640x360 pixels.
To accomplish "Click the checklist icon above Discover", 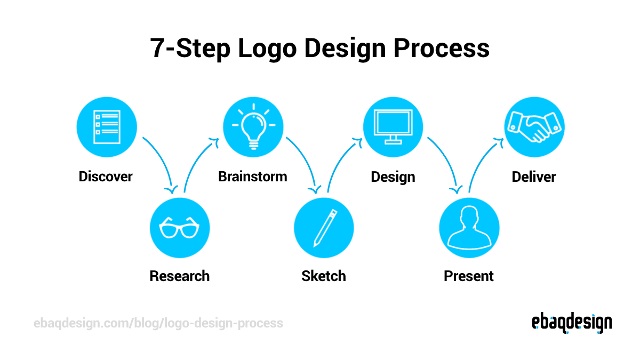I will tap(107, 127).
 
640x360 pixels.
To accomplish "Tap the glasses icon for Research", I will tap(180, 228).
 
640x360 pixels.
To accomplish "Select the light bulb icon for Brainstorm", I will tap(253, 127).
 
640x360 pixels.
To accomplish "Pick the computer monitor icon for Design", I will tap(393, 127).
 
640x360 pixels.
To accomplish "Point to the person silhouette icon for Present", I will tap(469, 228).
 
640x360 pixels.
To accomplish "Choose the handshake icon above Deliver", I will tap(534, 127).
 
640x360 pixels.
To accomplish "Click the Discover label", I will tap(106, 177).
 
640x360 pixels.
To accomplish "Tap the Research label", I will tap(180, 276).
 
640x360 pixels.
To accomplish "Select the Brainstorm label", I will tap(253, 177).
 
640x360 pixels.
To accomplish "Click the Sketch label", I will tap(324, 276).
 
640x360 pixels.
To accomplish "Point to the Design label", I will tap(393, 177).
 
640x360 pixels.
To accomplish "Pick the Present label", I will tap(469, 276).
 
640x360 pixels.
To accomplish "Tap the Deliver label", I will tap(534, 177).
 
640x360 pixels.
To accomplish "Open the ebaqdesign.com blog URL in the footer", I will tap(158, 323).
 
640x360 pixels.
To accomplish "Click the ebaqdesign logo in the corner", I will tap(572, 323).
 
